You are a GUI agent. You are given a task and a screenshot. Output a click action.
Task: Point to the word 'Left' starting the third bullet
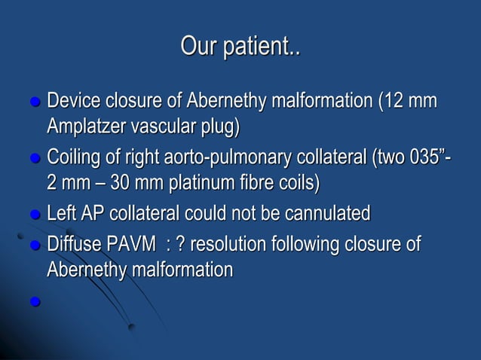[x=61, y=215]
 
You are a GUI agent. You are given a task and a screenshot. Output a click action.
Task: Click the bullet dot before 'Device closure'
[x=33, y=102]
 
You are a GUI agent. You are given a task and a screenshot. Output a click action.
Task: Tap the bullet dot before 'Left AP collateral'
[x=33, y=216]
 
